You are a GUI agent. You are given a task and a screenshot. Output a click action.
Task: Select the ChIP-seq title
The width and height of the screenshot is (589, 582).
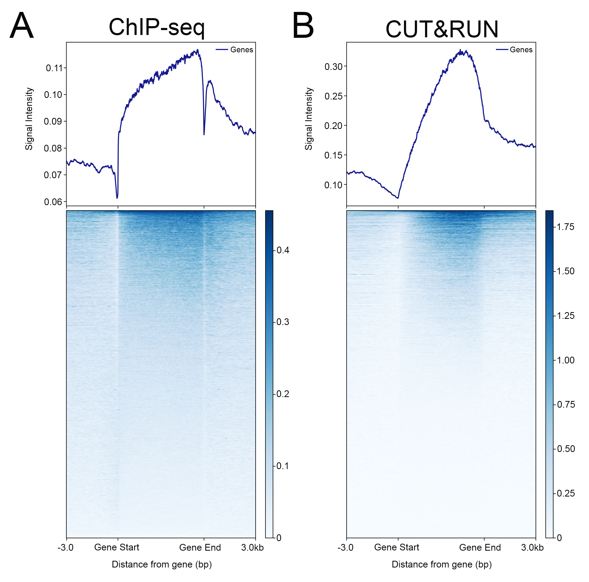(157, 27)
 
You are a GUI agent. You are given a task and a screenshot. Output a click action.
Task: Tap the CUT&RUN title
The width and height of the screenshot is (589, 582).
(442, 29)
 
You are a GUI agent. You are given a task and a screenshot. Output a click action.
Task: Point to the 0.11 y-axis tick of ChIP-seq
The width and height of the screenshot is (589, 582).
(54, 68)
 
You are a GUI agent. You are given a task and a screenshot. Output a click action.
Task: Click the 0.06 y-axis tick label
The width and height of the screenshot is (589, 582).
(53, 202)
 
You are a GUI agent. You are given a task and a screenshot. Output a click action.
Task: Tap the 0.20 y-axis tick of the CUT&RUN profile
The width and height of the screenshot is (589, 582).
(334, 126)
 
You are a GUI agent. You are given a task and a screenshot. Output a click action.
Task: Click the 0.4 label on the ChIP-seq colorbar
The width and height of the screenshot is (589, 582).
(283, 250)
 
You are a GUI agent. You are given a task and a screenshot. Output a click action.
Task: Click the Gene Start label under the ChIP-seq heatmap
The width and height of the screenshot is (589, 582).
(117, 547)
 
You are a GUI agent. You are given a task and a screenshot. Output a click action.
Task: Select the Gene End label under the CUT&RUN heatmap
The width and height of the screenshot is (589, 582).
(480, 547)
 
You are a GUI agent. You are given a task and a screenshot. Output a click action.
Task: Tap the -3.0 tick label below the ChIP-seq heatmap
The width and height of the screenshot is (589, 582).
(66, 548)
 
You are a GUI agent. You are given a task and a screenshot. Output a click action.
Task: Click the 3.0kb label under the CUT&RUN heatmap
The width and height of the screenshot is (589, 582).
(532, 548)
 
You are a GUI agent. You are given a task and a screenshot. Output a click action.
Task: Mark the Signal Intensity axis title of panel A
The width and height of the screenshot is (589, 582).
(29, 119)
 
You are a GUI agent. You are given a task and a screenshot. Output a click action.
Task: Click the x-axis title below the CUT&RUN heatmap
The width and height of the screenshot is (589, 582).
(442, 564)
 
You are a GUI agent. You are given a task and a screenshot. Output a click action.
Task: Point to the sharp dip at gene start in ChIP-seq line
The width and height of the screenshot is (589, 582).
(117, 198)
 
